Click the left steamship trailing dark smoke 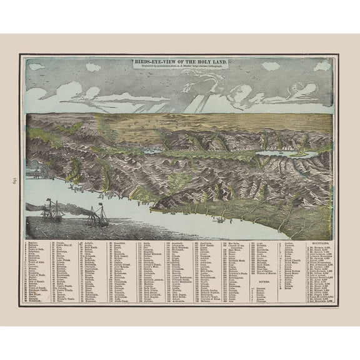click(52, 211)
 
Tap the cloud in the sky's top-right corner click(321, 65)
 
